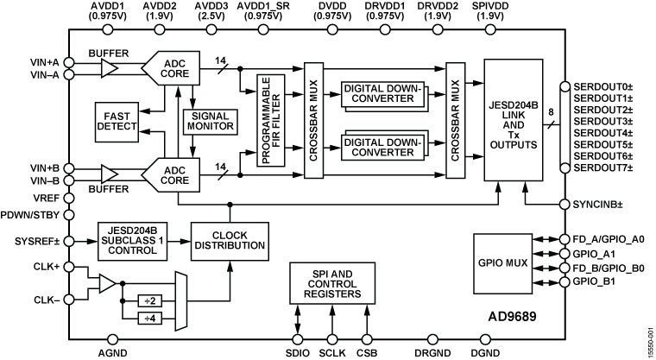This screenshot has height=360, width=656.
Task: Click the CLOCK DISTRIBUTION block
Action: [x=228, y=239]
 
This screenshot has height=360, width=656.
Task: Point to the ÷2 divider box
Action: [x=148, y=301]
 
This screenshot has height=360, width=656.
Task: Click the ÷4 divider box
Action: [x=148, y=318]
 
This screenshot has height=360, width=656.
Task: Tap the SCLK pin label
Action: [x=332, y=353]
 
